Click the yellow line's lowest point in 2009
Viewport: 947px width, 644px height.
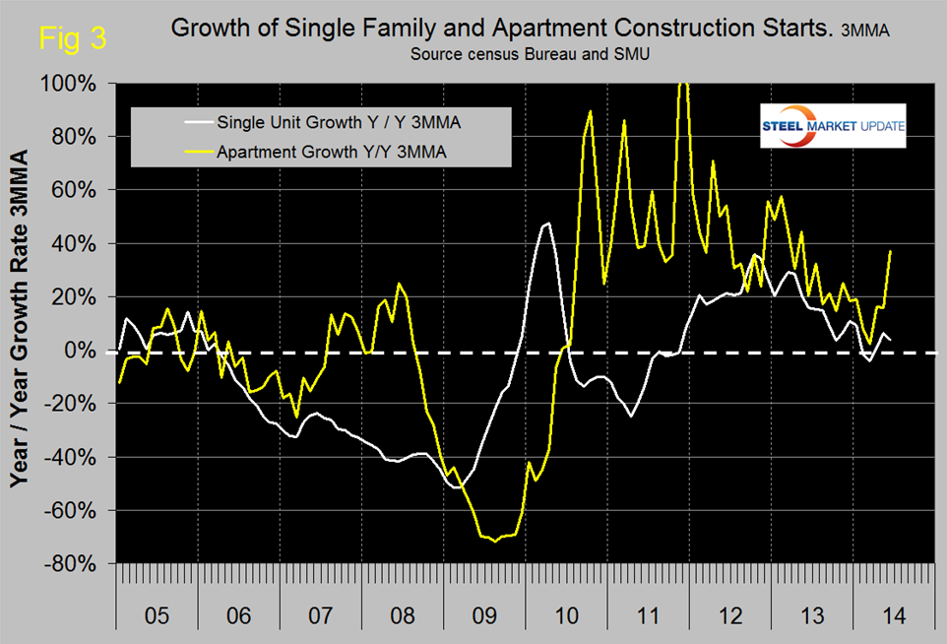click(495, 541)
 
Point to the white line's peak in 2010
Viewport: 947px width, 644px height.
click(548, 224)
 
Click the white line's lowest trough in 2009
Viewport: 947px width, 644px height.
click(460, 487)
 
